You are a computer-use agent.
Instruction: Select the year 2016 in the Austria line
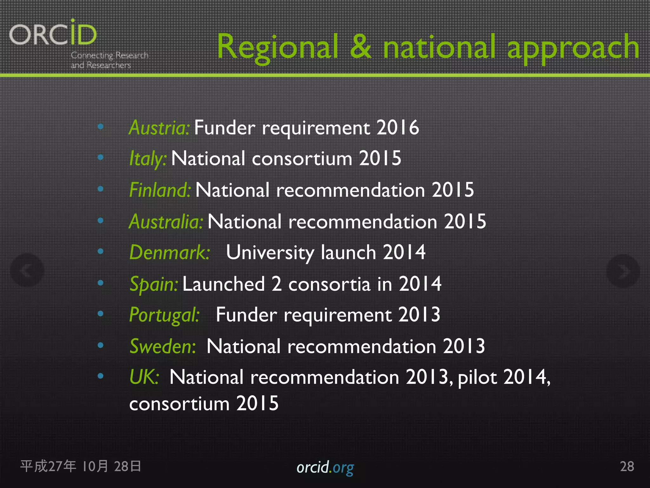[x=398, y=128]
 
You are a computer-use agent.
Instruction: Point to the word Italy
[x=148, y=159]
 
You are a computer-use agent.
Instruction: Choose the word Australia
[x=166, y=221]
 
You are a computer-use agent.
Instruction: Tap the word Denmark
[x=169, y=253]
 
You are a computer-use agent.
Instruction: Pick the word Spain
[x=154, y=284]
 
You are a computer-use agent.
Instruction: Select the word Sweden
[x=162, y=346]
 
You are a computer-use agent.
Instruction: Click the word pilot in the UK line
[x=477, y=378]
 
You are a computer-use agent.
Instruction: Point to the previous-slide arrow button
[x=27, y=271]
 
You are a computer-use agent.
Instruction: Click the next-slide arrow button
[x=623, y=271]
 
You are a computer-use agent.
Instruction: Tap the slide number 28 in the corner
[x=627, y=466]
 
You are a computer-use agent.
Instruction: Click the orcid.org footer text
[x=325, y=467]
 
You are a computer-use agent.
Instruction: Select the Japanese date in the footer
[x=81, y=466]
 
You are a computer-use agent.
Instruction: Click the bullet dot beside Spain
[x=101, y=283]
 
